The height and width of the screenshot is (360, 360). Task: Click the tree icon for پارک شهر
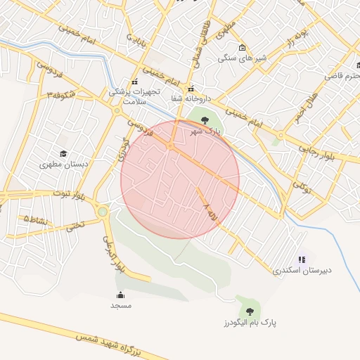coord(205,120)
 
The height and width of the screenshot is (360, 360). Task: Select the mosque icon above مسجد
coord(120,295)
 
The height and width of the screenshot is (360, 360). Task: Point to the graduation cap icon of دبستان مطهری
coord(64,153)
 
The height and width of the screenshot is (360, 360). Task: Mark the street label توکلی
coord(301,187)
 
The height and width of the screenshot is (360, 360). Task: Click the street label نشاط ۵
coord(37,220)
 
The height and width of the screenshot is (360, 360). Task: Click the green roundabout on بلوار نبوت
coord(103,211)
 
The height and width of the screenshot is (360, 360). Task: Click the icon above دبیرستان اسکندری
coord(302,259)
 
